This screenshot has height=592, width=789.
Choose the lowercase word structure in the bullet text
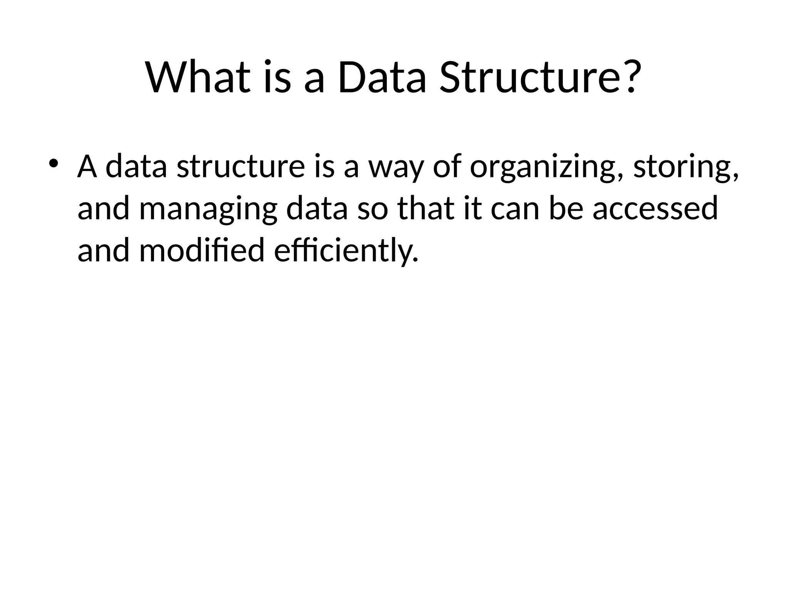(241, 166)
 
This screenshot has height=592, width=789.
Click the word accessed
(655, 209)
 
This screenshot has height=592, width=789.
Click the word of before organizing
(447, 166)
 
